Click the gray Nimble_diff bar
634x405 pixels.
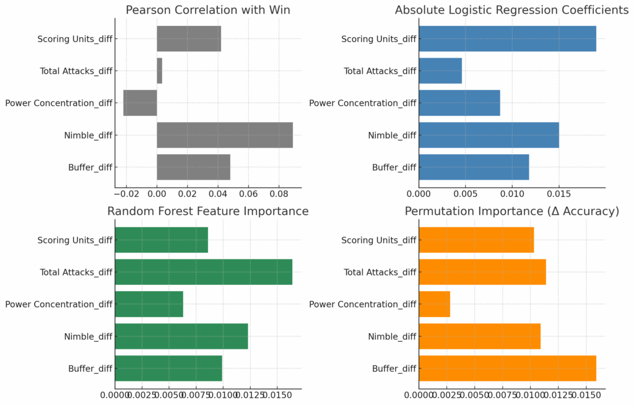(224, 135)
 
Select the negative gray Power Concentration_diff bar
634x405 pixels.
(141, 103)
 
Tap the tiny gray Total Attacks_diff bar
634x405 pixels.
(159, 71)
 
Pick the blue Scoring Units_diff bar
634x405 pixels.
(507, 38)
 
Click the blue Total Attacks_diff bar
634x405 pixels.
(440, 71)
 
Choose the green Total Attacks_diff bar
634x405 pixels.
(204, 272)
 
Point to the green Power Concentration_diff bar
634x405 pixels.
(149, 304)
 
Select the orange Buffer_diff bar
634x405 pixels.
(507, 368)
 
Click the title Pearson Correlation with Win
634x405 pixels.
(208, 10)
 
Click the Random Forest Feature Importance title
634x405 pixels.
(208, 211)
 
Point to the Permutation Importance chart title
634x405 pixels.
(512, 211)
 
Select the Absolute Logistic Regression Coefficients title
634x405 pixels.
(512, 10)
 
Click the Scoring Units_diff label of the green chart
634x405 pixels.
(75, 240)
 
